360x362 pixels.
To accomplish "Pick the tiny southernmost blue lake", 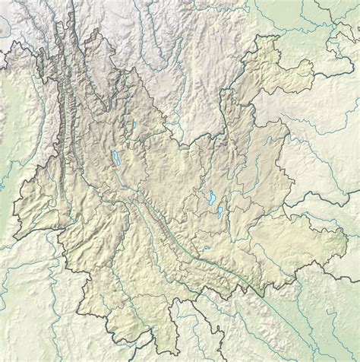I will point(205,247).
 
